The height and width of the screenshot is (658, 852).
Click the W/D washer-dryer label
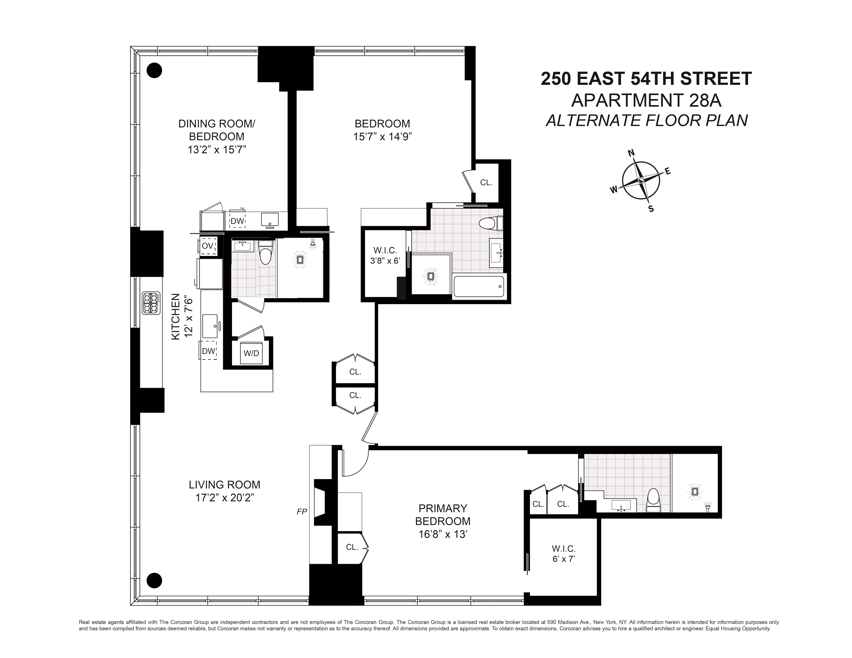[251, 353]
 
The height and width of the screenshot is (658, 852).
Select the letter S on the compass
[651, 209]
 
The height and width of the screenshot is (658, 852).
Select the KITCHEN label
[176, 316]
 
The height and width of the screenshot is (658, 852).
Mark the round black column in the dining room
[154, 71]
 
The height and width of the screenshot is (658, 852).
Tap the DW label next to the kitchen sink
[208, 351]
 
